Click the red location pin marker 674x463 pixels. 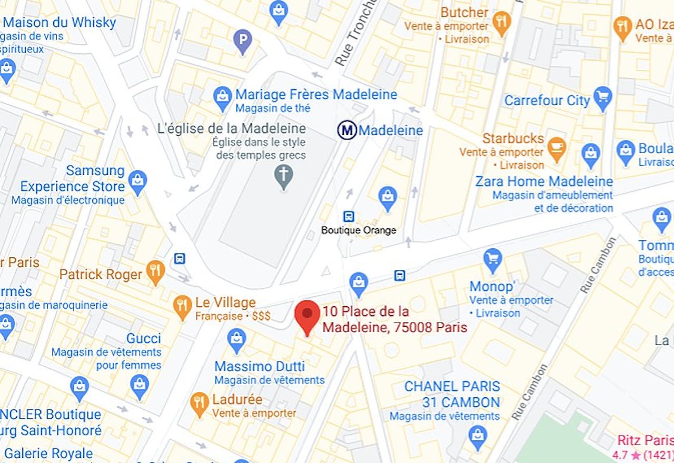click(x=307, y=314)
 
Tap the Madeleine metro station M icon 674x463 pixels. click(x=347, y=130)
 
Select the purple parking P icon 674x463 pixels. click(x=242, y=41)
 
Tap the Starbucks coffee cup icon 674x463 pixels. click(x=556, y=148)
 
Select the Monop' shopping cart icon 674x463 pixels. click(x=493, y=259)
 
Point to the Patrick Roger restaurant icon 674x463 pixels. click(x=155, y=271)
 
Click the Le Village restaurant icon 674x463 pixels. click(x=182, y=306)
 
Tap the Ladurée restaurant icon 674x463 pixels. click(x=200, y=403)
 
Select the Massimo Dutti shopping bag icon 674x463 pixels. click(x=236, y=339)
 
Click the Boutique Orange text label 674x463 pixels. click(x=359, y=230)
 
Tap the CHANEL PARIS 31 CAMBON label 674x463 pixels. click(x=452, y=394)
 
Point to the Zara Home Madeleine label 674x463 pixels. click(x=544, y=182)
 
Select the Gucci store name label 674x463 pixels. click(x=143, y=338)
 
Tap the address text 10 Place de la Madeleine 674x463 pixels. click(x=394, y=319)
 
